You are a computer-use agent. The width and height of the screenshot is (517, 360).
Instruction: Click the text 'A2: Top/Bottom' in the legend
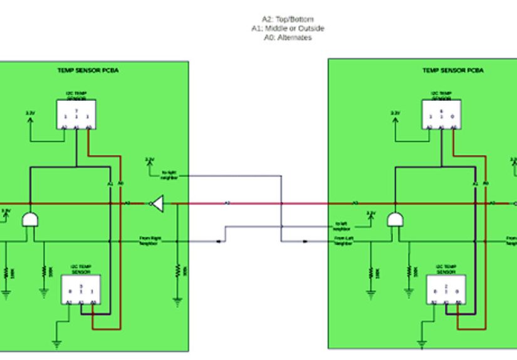click(288, 19)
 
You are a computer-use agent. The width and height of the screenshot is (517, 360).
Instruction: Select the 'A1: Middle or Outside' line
click(288, 28)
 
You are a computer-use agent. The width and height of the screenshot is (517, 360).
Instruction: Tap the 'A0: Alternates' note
click(288, 38)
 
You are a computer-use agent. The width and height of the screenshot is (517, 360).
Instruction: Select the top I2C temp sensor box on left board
click(76, 115)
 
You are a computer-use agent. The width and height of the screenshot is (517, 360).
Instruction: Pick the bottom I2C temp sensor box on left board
click(80, 291)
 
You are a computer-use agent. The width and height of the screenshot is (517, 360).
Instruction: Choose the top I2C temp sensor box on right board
click(441, 115)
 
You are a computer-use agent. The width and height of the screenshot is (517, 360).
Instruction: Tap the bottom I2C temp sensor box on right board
click(445, 291)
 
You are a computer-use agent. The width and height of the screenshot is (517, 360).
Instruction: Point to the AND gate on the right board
click(395, 219)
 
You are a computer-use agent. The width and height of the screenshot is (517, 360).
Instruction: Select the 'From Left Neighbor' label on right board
click(343, 241)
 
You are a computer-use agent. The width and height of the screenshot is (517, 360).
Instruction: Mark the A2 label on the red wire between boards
click(227, 203)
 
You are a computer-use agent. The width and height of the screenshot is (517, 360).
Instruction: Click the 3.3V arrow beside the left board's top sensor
click(30, 119)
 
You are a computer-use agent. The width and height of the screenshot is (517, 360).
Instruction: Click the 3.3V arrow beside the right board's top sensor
click(395, 119)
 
